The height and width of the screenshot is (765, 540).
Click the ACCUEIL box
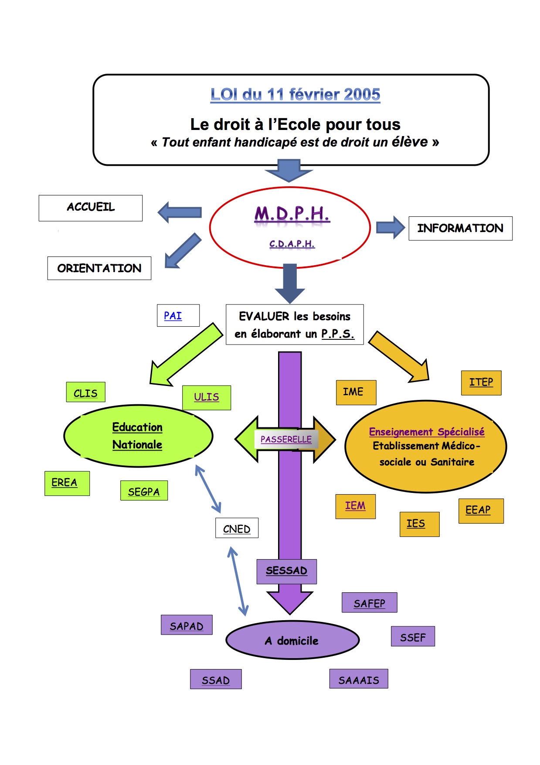point(91,208)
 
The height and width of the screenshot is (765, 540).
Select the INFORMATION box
point(460,228)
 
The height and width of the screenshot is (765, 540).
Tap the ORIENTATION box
point(99,268)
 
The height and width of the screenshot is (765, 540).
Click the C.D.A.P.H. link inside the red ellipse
point(292,244)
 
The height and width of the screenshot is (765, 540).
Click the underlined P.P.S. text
point(338,334)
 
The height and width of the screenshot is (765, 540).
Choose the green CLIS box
point(85,392)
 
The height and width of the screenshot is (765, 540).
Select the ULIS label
point(207,397)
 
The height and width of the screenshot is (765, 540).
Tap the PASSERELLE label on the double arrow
point(286,439)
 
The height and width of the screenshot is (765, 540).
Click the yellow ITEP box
point(481,382)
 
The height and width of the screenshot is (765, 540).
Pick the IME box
point(356,392)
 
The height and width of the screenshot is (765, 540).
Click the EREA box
point(67,483)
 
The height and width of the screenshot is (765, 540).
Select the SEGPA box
point(144,491)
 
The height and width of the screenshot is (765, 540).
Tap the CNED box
point(237,528)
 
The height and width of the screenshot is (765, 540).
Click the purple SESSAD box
point(286,571)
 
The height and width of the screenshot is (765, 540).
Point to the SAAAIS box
point(358,679)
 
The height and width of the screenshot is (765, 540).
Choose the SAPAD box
point(187,625)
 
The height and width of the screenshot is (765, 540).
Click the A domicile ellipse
point(292,640)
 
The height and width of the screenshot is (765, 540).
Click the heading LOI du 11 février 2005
point(295,95)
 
